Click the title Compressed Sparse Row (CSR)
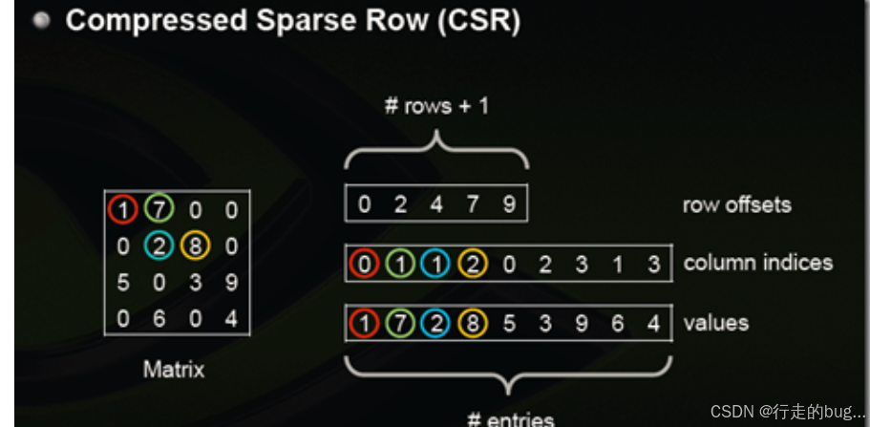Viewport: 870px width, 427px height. (292, 21)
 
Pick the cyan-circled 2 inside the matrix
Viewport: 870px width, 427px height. (159, 246)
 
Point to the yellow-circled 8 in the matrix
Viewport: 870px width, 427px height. (195, 246)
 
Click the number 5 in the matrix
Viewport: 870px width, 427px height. (122, 283)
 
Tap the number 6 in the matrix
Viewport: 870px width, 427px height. (159, 319)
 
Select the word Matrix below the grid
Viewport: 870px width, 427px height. (174, 369)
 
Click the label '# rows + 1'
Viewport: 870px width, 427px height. (435, 106)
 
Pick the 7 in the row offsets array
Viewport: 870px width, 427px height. (473, 204)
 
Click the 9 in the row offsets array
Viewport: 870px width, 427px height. (508, 204)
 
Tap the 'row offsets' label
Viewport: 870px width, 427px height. (736, 204)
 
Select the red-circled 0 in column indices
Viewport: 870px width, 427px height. (364, 264)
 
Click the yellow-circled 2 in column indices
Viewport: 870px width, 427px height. (473, 264)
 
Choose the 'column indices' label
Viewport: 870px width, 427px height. (758, 263)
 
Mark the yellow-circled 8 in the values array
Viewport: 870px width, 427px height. (473, 324)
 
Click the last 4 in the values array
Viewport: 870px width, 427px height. (653, 324)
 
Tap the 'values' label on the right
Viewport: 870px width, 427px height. (715, 323)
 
